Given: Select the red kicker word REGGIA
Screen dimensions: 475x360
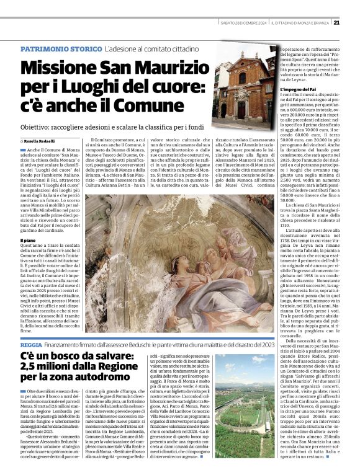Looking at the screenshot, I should pos(30,344).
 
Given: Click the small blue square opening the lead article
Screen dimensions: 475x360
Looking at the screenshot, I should pos(22,150).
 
